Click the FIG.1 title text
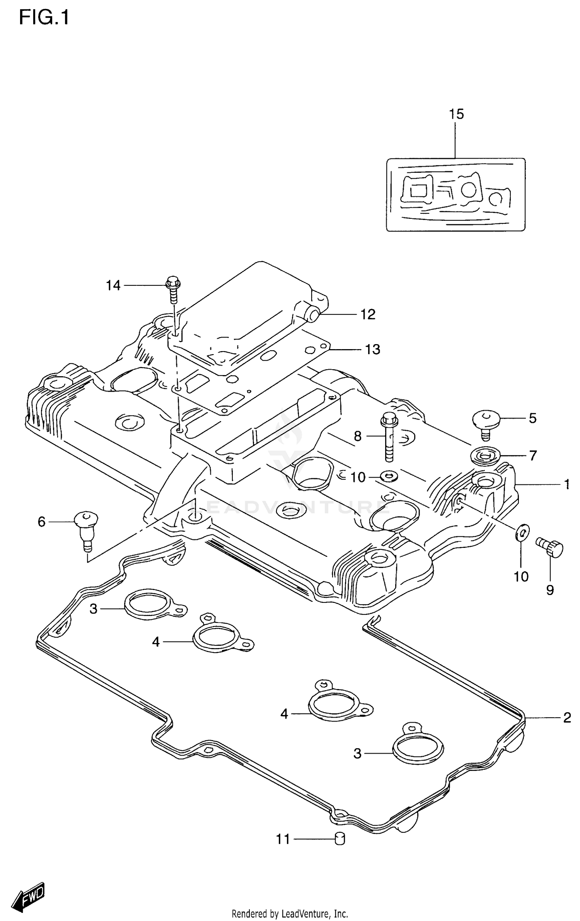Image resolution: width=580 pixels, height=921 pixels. (44, 17)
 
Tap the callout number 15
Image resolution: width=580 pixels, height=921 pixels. (456, 114)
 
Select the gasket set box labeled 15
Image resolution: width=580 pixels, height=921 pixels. (455, 194)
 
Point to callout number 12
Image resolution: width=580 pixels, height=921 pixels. (368, 314)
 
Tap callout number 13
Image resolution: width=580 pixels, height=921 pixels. (373, 350)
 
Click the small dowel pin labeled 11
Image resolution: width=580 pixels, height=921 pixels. (339, 839)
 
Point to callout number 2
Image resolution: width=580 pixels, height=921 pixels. (567, 718)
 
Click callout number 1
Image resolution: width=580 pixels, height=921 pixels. (566, 484)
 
